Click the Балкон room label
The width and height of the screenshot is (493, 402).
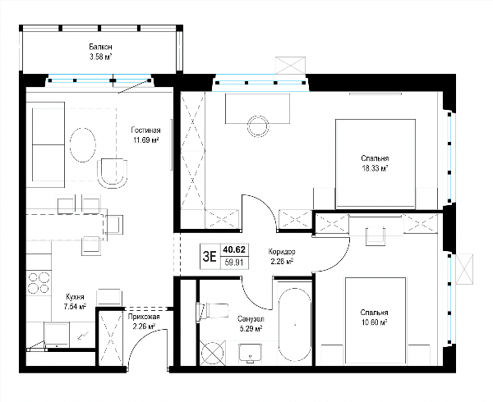[x=100, y=47]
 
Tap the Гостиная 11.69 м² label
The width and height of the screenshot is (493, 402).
[x=145, y=135]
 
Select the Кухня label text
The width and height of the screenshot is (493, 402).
[x=75, y=296]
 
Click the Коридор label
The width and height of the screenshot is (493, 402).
[x=282, y=252]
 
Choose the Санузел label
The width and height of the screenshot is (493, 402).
[x=251, y=319]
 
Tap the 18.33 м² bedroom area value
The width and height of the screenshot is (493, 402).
[x=375, y=168]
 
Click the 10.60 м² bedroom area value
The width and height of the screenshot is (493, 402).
[x=374, y=322]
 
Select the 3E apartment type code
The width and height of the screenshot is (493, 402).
[x=210, y=257]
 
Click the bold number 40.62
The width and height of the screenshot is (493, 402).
[x=234, y=249]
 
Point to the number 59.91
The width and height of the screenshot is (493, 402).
[x=234, y=262]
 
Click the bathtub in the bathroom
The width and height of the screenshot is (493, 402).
[x=295, y=325]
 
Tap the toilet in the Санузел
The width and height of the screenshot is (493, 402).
[x=212, y=311]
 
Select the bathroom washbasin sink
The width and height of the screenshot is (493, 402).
[x=251, y=353]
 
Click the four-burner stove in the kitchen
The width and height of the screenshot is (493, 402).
[x=39, y=283]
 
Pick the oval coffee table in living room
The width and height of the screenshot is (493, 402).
[x=82, y=145]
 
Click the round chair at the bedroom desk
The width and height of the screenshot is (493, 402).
[x=258, y=126]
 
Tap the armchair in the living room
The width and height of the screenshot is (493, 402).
[x=113, y=173]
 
